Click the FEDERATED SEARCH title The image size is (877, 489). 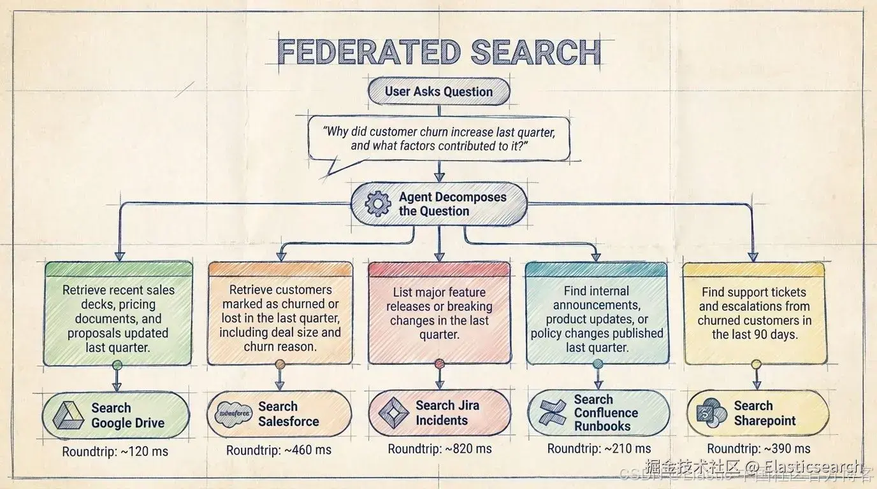click(x=439, y=53)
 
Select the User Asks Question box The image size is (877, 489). click(x=439, y=91)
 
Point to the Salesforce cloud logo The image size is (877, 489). click(x=234, y=413)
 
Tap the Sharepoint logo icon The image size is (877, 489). click(x=711, y=413)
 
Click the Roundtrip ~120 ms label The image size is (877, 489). click(x=115, y=452)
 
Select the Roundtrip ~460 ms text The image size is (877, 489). click(x=279, y=450)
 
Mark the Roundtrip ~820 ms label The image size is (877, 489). click(x=440, y=449)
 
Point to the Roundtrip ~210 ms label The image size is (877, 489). click(x=599, y=449)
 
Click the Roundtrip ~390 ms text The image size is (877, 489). click(x=758, y=449)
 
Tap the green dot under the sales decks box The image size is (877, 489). click(x=117, y=365)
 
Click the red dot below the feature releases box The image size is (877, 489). click(x=439, y=364)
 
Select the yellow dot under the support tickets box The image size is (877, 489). click(x=756, y=365)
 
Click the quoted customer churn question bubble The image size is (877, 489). click(x=438, y=139)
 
